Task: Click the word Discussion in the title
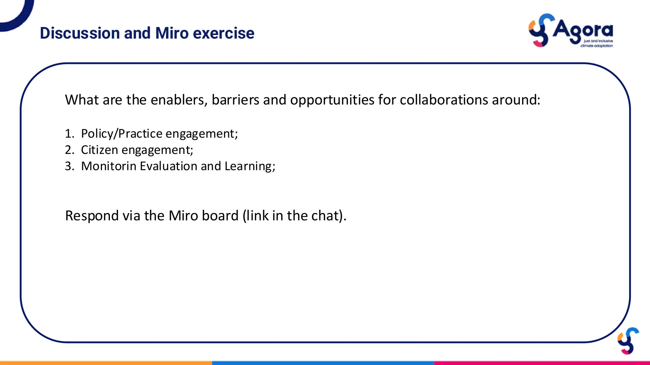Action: pos(80,33)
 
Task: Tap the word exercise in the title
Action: pos(223,33)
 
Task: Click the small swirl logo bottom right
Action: pos(628,341)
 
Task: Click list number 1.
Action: pos(69,134)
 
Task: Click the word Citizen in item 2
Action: pos(99,150)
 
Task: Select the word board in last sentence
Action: pos(220,216)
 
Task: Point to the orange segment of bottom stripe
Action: pos(106,363)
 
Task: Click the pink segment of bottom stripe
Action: pos(542,363)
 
